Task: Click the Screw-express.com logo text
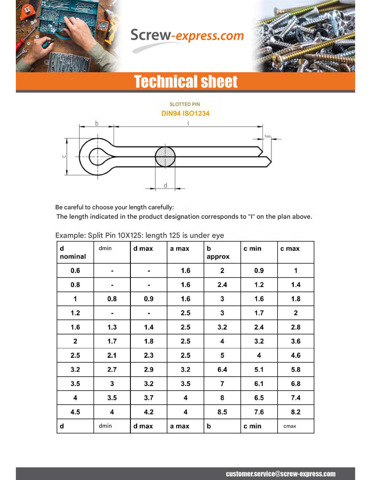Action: pos(187,35)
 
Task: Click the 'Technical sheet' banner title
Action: pos(185,82)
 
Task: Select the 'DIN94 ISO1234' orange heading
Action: pos(185,113)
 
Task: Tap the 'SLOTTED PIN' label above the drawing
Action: pos(184,104)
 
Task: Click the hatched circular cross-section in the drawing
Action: pos(165,157)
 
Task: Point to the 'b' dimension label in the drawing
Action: pos(97,123)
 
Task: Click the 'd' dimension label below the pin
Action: pos(165,185)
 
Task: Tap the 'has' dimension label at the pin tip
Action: pos(267,136)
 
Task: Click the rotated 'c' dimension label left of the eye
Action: pos(64,156)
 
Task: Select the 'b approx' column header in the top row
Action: pos(218,252)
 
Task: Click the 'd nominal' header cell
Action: pos(73,252)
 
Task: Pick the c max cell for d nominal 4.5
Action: pos(296,412)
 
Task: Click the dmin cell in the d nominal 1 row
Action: pos(112,299)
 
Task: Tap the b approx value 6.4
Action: pos(222,370)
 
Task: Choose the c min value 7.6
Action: pos(259,412)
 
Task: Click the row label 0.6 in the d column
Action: pos(75,270)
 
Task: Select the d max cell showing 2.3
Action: pos(149,355)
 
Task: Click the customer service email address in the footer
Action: pos(281,474)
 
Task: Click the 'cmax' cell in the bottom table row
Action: pos(290,426)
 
